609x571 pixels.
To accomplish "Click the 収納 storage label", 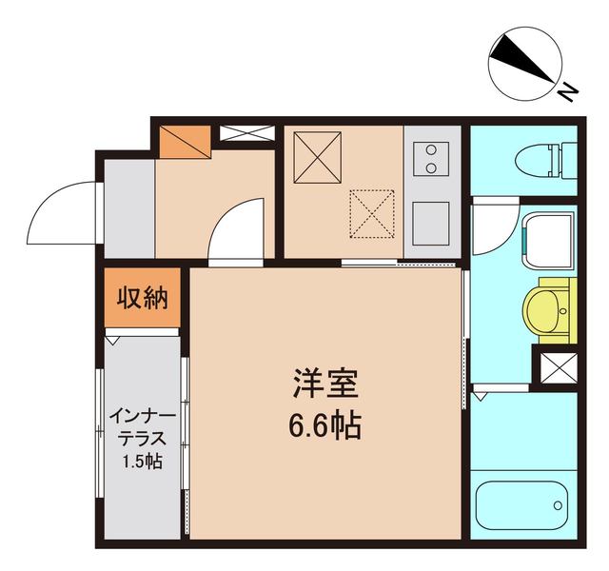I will click(143, 299).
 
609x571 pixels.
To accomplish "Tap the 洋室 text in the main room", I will click(324, 385).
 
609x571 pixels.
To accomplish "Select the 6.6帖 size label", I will click(324, 425).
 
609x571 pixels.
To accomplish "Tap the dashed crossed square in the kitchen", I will click(371, 212).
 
